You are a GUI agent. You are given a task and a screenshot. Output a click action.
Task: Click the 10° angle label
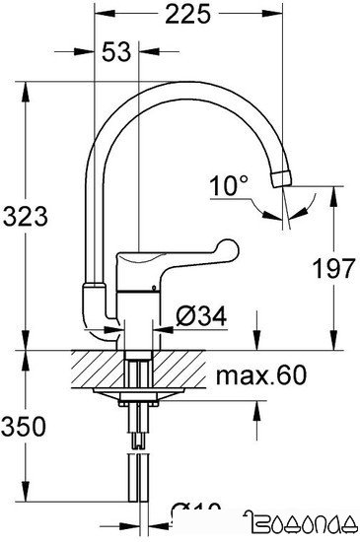(229, 184)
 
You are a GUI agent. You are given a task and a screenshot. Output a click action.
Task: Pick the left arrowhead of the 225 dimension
(100, 16)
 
